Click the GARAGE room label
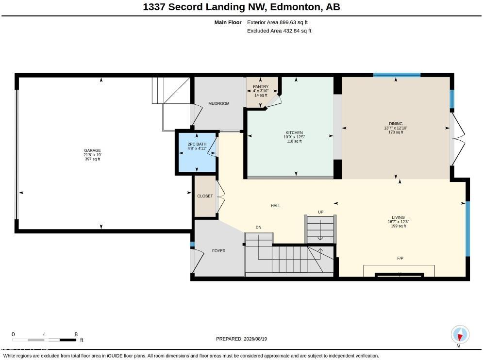tap(92, 150)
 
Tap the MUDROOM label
tap(219, 103)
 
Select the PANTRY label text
tap(261, 87)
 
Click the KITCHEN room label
tap(294, 132)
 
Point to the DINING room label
tap(396, 124)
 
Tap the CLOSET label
tap(205, 196)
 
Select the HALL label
tap(276, 206)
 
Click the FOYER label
tap(219, 251)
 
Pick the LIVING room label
tap(398, 217)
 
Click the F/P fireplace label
tap(400, 258)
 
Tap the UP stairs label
tap(321, 212)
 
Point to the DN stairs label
tap(258, 228)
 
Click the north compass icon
tap(460, 334)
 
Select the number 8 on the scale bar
tap(76, 334)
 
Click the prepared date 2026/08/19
tap(255, 339)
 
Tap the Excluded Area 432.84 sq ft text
tap(279, 31)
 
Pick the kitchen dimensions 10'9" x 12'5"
tap(294, 137)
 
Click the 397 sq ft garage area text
tap(92, 159)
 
